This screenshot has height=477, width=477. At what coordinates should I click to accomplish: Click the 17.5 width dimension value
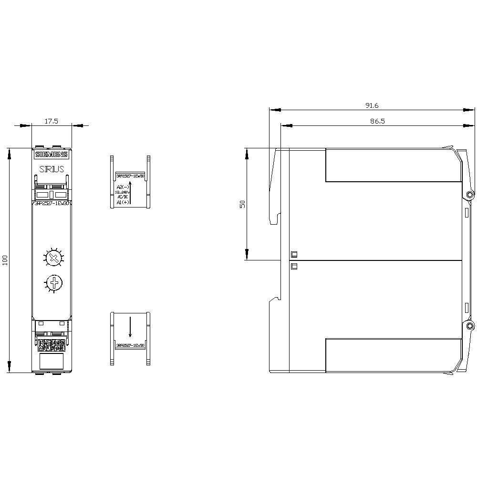(x=52, y=121)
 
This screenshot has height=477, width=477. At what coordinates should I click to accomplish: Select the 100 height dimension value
(x=5, y=260)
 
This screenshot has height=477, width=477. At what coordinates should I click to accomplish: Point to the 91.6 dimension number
(x=371, y=105)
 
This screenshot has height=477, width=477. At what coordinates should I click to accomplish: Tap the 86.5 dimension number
(x=377, y=122)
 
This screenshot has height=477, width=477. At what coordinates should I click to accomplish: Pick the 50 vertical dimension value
(x=242, y=204)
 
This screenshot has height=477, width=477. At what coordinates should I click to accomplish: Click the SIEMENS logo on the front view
(x=52, y=154)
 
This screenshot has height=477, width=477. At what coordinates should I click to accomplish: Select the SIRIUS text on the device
(x=52, y=169)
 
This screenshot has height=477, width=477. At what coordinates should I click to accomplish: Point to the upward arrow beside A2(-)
(x=130, y=194)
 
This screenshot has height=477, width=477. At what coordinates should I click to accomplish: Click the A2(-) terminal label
(x=122, y=187)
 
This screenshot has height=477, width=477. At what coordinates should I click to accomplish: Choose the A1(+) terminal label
(x=122, y=202)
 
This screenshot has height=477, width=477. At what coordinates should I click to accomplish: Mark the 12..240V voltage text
(x=122, y=192)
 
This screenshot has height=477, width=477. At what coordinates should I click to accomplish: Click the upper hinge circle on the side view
(x=470, y=195)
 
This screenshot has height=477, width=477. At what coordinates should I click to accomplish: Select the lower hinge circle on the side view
(x=470, y=326)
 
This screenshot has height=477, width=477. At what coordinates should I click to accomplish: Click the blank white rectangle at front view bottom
(x=52, y=361)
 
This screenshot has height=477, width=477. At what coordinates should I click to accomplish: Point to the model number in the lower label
(x=130, y=345)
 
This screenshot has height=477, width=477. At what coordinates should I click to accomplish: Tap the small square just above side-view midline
(x=294, y=254)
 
